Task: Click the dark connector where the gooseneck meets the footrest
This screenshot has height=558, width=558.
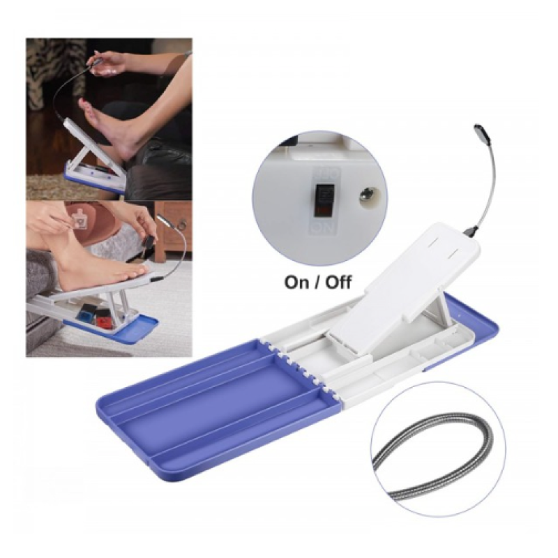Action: coord(472,231)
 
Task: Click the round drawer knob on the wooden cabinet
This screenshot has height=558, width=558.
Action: coord(183,224)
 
